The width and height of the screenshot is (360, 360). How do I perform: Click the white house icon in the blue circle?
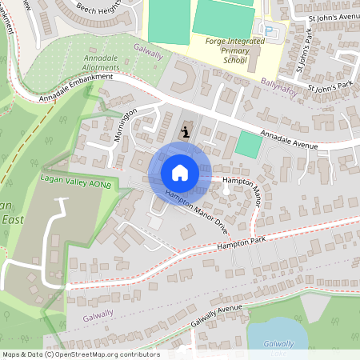180,172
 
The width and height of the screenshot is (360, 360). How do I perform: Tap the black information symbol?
186,131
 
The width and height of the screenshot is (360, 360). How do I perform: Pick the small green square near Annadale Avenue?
249,145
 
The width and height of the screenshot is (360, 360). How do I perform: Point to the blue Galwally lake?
276,336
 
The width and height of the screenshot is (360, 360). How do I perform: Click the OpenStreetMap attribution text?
80,354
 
